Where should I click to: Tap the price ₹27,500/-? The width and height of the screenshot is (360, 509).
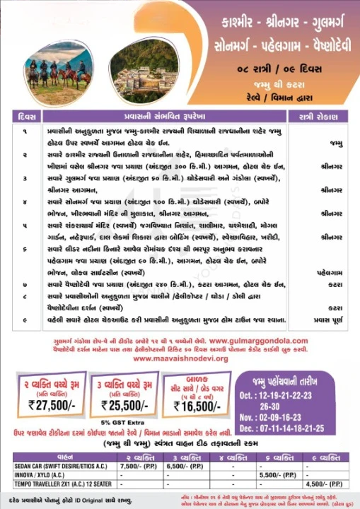coord(48,405)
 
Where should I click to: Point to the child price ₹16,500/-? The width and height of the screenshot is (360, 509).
coord(194,404)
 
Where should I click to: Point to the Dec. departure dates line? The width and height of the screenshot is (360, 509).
coord(301,428)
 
